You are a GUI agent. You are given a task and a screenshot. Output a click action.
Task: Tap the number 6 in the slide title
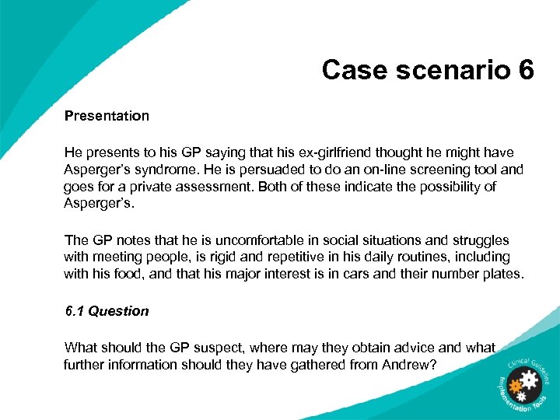(x=524, y=70)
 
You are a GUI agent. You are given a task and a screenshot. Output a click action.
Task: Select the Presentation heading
(x=107, y=116)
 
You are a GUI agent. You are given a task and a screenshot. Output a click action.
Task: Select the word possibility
(x=446, y=187)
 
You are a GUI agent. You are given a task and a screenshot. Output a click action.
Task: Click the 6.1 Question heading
(x=106, y=311)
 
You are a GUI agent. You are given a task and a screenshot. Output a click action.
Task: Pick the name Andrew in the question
(x=401, y=365)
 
